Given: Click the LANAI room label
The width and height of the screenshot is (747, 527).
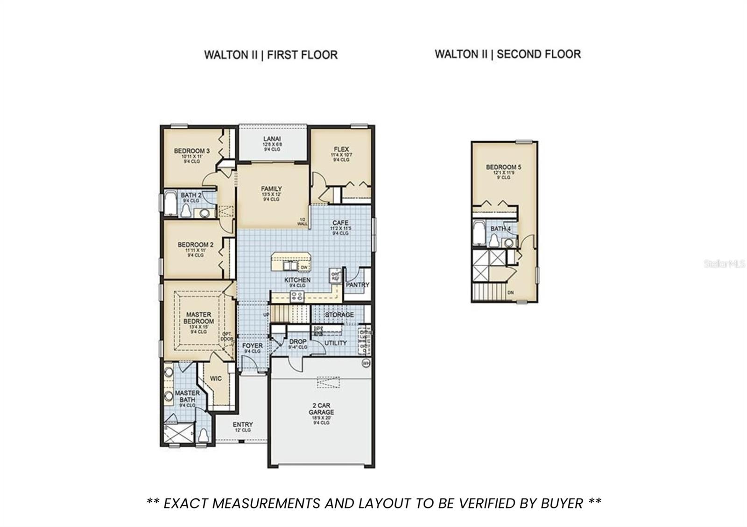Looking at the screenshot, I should (x=272, y=139).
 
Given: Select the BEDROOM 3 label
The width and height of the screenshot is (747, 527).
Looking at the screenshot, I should (x=191, y=151).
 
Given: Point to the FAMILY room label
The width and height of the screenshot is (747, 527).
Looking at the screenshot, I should (x=271, y=189).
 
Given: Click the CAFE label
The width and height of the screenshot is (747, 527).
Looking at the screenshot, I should (x=340, y=223).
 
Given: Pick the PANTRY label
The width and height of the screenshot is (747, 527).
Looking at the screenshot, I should (x=358, y=284).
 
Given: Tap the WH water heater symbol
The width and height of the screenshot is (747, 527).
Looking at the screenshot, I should (x=366, y=363).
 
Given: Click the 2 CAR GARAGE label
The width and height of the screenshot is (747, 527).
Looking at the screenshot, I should (x=321, y=409).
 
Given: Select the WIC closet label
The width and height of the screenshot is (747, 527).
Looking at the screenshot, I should (x=216, y=379).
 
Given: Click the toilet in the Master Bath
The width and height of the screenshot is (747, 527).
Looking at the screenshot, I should (x=203, y=435).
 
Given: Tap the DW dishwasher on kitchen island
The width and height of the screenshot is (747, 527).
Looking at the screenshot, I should (x=304, y=267).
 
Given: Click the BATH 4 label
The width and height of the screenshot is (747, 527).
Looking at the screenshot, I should (x=500, y=229).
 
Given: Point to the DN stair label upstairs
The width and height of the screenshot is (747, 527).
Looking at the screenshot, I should (x=511, y=292).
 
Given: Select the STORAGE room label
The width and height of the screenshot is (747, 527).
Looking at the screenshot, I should (x=339, y=315).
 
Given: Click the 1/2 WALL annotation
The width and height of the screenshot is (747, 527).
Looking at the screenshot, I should (x=303, y=222).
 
